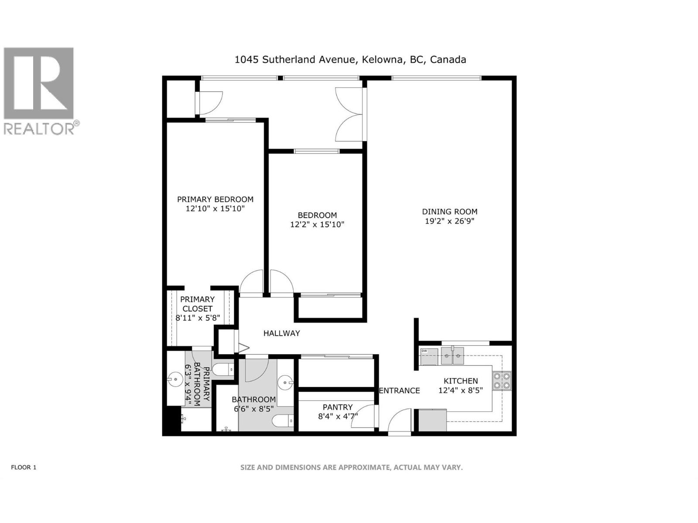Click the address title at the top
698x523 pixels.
coord(350,60)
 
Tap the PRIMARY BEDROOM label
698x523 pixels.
coord(215,199)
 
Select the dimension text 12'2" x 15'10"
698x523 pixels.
coord(317,225)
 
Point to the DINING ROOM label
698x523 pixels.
coord(449,211)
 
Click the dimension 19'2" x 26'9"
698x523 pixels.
coord(449,221)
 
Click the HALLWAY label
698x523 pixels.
coord(281,333)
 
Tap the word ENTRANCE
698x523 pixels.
coord(399,391)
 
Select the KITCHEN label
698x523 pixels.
coord(461,381)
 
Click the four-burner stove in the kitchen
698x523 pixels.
coord(502,380)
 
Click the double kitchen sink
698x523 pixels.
coord(452,356)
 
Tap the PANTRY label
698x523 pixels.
coord(338,407)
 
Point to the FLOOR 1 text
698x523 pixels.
coord(24,467)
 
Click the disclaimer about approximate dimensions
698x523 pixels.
coord(351,467)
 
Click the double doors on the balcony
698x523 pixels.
coord(349,114)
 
